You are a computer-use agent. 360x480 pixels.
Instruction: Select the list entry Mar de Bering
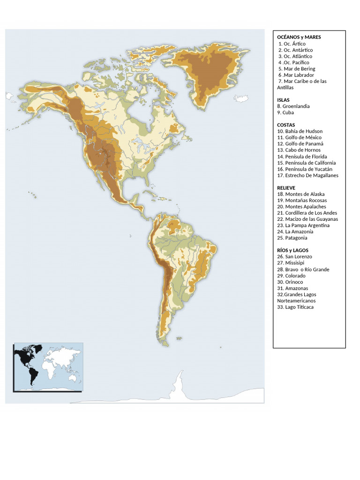[x=297, y=68]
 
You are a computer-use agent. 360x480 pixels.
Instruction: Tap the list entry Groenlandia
[x=293, y=106]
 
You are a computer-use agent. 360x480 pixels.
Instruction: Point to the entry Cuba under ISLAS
[x=285, y=112]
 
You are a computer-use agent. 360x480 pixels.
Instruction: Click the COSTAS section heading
[x=286, y=125]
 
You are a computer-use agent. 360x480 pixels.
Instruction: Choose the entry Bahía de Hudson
[x=300, y=131]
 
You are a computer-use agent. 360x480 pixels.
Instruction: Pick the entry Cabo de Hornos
[x=299, y=150]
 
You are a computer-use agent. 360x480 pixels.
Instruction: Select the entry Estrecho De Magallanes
[x=307, y=175]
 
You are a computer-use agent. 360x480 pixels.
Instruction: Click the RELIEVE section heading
[x=286, y=187]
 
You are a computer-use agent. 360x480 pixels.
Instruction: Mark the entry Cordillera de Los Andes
[x=307, y=213]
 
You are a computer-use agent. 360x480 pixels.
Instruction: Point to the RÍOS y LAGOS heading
[x=292, y=250]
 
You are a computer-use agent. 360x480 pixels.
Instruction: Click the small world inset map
[x=48, y=367]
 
